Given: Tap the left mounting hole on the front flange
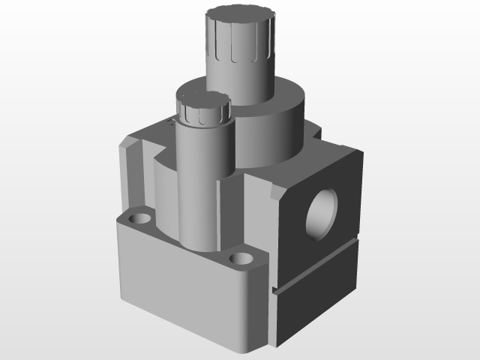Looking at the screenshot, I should click(x=138, y=218).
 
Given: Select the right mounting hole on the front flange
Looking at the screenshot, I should click(x=241, y=259).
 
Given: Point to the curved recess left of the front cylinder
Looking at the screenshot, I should click(x=163, y=187).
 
